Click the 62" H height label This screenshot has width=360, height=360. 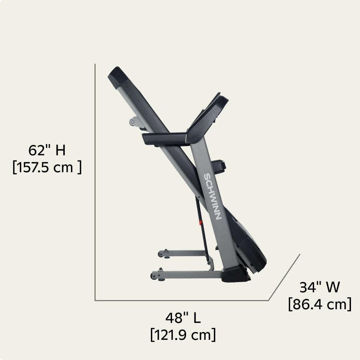point(47,150)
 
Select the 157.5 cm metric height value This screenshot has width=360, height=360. point(47,168)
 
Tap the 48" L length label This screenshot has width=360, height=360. point(183,318)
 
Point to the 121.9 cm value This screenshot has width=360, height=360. point(183,335)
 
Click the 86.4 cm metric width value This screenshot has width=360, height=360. point(319,305)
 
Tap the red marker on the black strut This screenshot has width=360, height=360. point(201,223)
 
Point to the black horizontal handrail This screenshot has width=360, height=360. point(164,139)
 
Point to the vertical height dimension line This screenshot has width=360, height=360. point(95,180)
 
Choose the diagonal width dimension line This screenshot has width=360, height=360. point(285,277)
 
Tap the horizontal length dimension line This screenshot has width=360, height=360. point(180,300)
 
